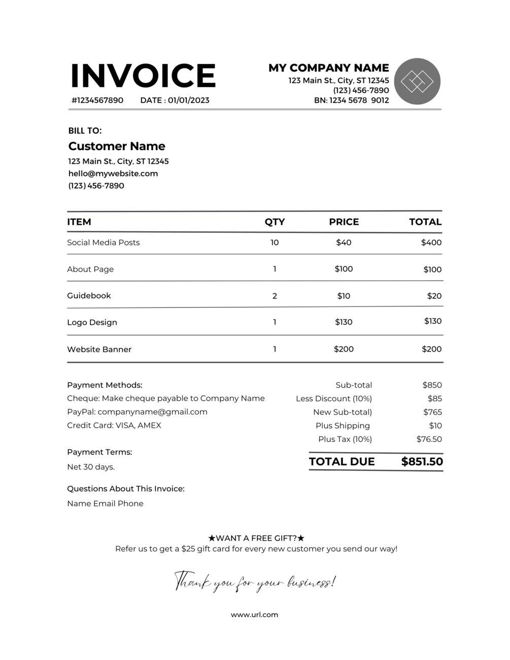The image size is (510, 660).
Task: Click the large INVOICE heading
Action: tap(143, 76)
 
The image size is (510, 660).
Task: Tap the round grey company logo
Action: tap(417, 81)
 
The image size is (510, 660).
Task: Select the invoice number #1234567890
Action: tap(97, 100)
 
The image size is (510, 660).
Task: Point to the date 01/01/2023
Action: tap(188, 100)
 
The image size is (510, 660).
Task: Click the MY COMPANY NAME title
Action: tap(328, 68)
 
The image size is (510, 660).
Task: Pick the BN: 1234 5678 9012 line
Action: tap(351, 100)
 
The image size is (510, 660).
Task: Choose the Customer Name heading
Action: tap(117, 146)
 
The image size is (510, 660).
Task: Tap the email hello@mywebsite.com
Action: tap(113, 173)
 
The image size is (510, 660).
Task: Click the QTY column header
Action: tap(275, 222)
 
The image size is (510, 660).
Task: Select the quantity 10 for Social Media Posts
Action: tap(275, 242)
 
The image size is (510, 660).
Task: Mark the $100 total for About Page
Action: tap(432, 269)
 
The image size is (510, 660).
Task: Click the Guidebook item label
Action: tap(89, 296)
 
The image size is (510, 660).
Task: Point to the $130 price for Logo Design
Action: tap(344, 322)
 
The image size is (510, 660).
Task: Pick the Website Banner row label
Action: tap(99, 350)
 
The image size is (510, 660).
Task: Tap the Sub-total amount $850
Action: tap(432, 385)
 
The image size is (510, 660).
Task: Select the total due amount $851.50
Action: tap(422, 462)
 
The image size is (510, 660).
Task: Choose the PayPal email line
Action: tap(137, 412)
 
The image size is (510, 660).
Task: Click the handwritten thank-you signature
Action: tap(255, 581)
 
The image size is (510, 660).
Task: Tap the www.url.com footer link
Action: tap(254, 615)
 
